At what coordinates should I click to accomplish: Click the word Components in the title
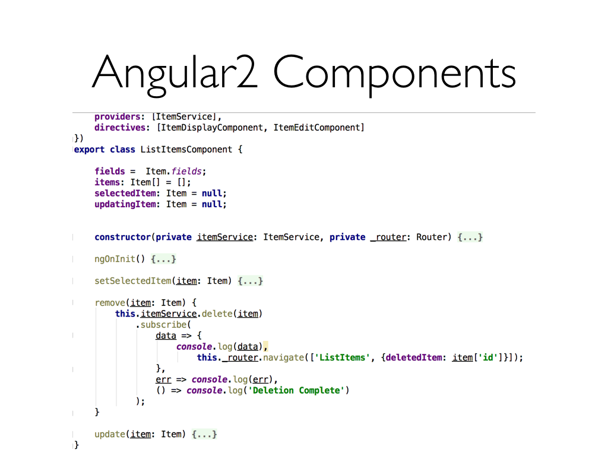click(x=395, y=73)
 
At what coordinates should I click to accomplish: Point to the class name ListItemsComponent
click(x=186, y=150)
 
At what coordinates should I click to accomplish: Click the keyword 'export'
click(x=89, y=150)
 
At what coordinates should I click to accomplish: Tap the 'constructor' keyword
click(x=122, y=237)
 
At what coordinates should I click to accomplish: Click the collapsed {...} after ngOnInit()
click(x=164, y=259)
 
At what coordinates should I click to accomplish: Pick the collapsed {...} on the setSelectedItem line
click(x=250, y=281)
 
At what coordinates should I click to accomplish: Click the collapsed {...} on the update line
click(x=204, y=435)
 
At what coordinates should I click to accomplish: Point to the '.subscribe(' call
click(x=163, y=325)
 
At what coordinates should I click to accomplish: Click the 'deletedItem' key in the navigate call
click(x=415, y=357)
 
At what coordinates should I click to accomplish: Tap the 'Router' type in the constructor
click(x=430, y=237)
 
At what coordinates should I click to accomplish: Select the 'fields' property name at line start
click(x=110, y=171)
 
